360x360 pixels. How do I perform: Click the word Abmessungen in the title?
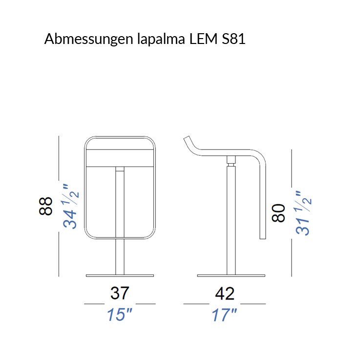(x=88, y=39)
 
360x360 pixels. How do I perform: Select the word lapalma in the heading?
(x=161, y=39)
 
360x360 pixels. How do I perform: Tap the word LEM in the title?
(x=203, y=39)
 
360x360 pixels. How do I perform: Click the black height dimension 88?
(x=46, y=206)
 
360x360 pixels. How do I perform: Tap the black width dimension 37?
(x=120, y=293)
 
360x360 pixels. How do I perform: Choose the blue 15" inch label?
(x=120, y=315)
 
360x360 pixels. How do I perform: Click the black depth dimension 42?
(x=225, y=293)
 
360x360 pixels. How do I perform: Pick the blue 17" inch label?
(x=224, y=315)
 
